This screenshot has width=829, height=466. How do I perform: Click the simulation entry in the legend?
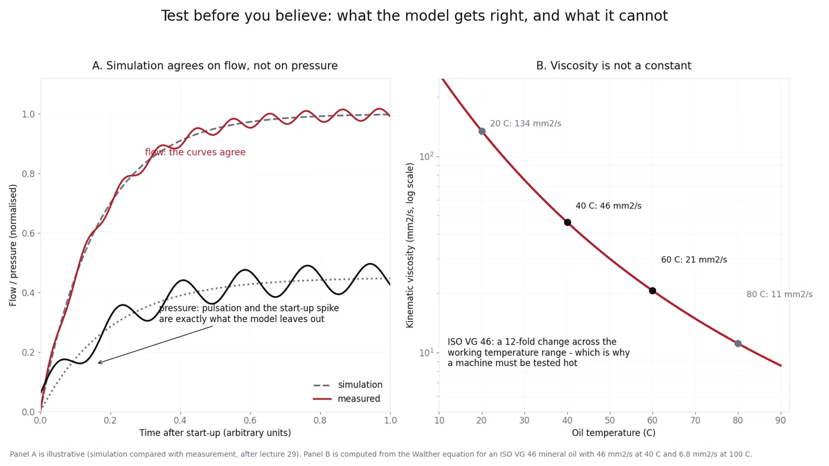tap(348, 385)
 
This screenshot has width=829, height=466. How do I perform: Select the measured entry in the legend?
tap(346, 398)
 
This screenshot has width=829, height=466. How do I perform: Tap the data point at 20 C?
tap(482, 131)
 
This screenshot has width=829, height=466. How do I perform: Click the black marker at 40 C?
tap(567, 223)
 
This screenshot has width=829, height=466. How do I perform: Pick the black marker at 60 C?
tap(653, 291)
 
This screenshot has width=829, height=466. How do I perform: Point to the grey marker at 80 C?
tap(738, 343)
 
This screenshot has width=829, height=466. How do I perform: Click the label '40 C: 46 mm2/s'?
tap(609, 206)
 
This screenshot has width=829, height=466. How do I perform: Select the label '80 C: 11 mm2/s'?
tap(779, 294)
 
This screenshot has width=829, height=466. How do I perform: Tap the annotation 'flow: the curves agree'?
tap(195, 152)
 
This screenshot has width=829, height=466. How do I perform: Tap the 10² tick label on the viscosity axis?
tap(426, 156)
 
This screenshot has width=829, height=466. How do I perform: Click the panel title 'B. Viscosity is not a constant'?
tap(613, 66)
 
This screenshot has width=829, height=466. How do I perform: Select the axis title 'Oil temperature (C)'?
tap(613, 433)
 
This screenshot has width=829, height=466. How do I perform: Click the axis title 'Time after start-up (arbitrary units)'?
tap(215, 433)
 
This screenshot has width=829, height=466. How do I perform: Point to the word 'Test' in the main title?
tap(175, 16)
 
